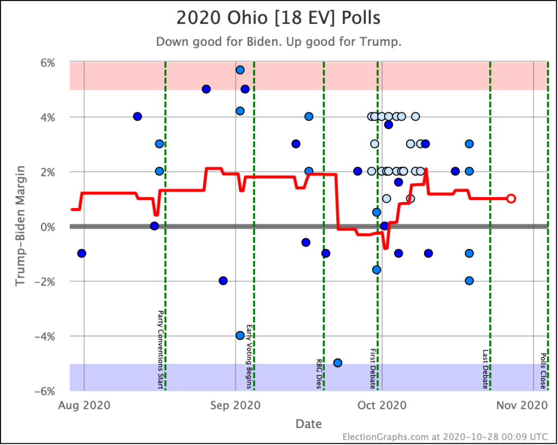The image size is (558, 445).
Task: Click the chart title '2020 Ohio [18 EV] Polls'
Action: coord(278,17)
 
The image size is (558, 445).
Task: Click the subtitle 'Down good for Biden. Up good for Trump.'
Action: coord(278,42)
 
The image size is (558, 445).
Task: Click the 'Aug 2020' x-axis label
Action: coord(84,405)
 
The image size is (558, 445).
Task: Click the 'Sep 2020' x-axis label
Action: coord(235,405)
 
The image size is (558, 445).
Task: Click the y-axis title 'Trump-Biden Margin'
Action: coord(20,227)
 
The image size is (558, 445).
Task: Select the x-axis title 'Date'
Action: coord(308,424)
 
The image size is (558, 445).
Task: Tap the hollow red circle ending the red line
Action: coord(511,199)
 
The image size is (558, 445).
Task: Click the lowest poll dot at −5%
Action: coord(337,363)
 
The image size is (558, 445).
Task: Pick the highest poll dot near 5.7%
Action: coord(240,70)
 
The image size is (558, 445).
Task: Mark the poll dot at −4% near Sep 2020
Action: coord(240,335)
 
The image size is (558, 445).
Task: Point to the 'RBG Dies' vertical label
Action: coord(319,374)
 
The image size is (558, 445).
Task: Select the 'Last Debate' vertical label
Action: coord(485,369)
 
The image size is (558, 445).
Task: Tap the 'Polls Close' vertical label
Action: coord(543,370)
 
